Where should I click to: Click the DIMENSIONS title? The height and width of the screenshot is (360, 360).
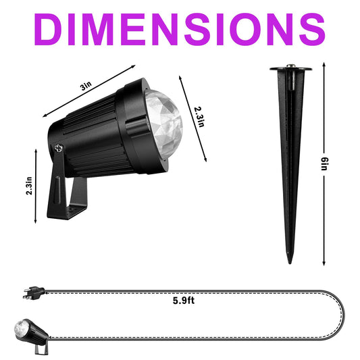point(180,29)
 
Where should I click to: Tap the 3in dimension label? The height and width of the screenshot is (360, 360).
point(86,86)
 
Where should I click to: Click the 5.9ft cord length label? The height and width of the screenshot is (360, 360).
point(184,301)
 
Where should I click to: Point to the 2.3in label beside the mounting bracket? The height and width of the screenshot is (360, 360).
point(29,186)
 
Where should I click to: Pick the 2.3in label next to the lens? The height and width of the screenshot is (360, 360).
point(199,117)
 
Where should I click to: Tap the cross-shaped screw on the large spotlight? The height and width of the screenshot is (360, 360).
point(59,149)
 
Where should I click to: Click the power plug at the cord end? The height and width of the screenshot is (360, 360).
point(34,292)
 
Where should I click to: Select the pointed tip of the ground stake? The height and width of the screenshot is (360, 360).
point(290,263)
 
